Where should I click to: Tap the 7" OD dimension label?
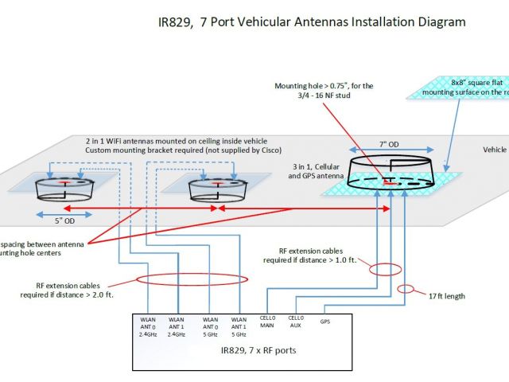tap(390, 145)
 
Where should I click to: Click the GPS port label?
tap(325, 322)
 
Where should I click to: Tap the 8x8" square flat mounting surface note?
tap(466, 86)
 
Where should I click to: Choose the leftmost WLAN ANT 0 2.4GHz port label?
tap(148, 326)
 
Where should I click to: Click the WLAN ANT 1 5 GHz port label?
tap(239, 326)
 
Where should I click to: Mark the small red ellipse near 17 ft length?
tap(406, 288)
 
